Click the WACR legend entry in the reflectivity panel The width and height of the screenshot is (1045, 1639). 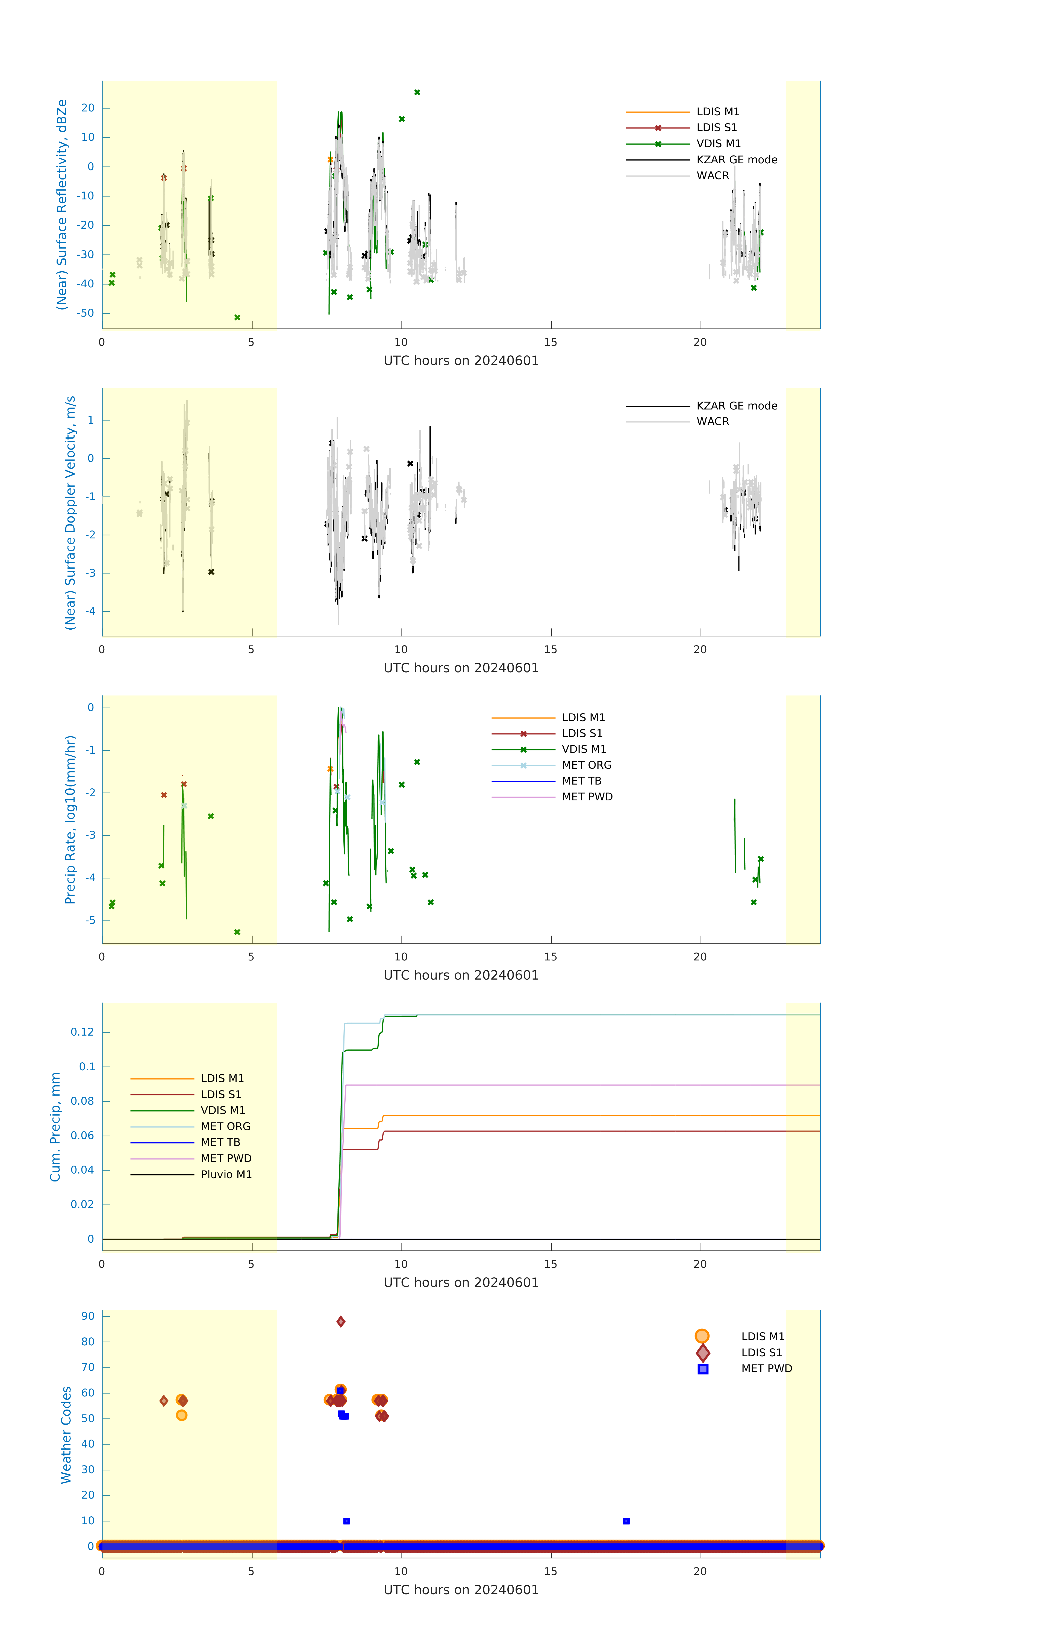[712, 176]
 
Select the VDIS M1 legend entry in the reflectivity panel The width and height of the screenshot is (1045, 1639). [717, 144]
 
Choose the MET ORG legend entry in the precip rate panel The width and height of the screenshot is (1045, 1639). [586, 765]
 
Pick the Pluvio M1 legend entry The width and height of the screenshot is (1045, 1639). [225, 1174]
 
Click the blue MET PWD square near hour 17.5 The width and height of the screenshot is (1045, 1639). [626, 1520]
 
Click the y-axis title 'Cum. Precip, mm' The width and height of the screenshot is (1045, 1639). [55, 1127]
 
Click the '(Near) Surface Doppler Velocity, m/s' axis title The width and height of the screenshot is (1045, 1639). [70, 512]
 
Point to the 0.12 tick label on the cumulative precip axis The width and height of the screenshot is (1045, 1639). [83, 1032]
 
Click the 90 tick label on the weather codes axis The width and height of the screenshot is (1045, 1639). [88, 1316]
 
